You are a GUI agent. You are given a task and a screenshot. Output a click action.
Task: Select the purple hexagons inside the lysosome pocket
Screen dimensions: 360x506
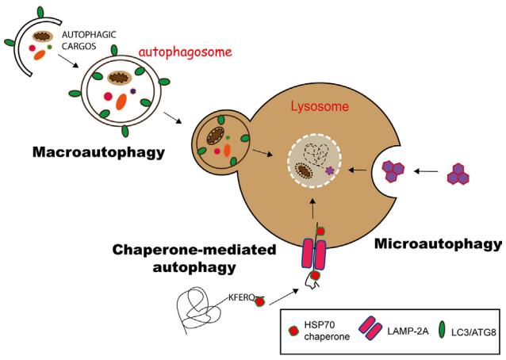(395, 169)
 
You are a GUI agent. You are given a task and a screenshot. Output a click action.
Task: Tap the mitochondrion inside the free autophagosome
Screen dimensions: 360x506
(120, 78)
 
